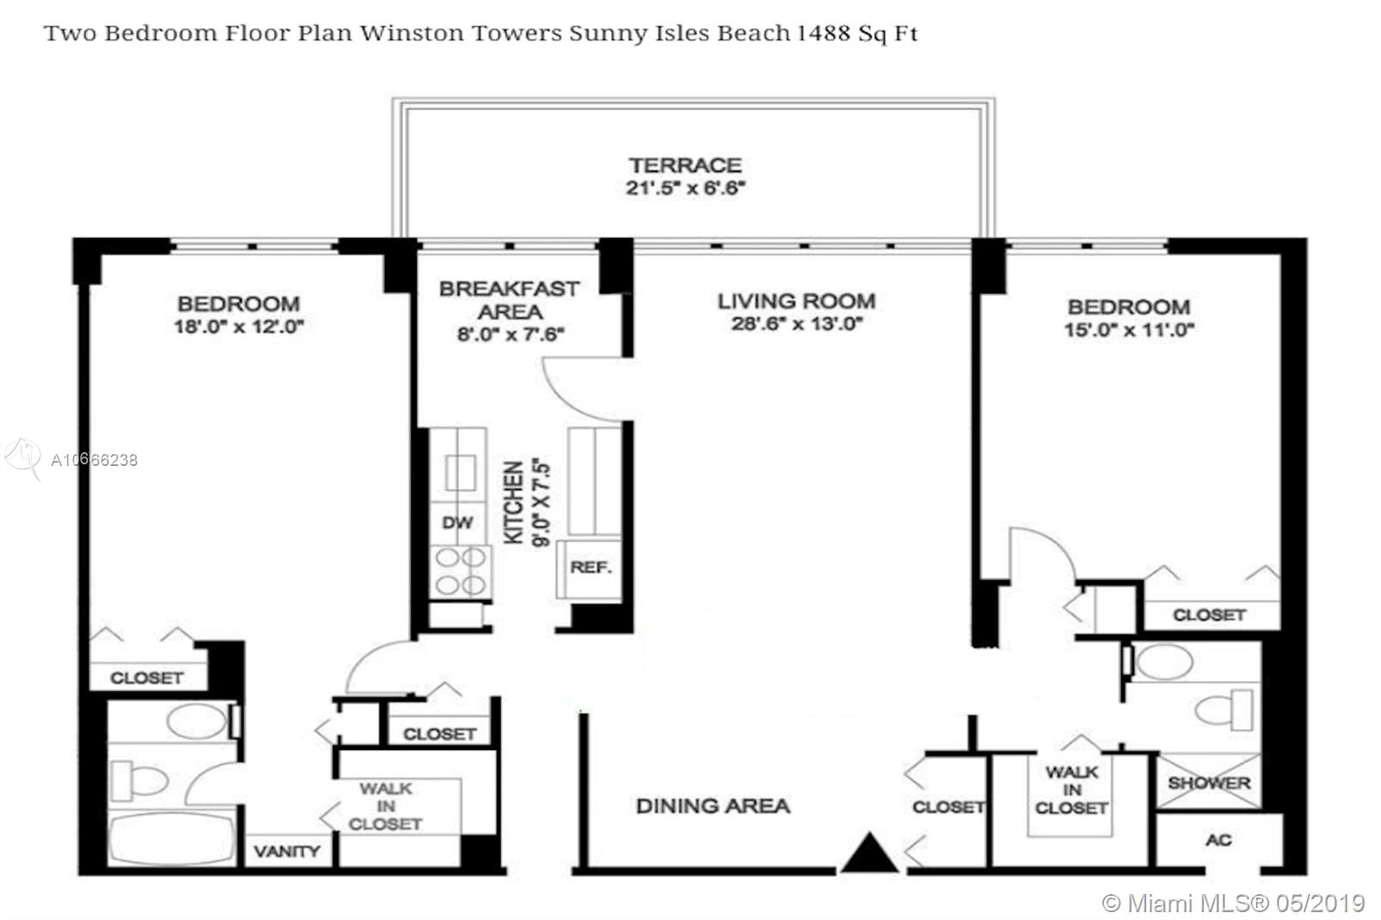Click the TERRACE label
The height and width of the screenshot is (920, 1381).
point(685,165)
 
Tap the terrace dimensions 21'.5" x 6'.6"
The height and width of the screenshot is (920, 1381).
point(685,187)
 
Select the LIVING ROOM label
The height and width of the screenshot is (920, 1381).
point(797,301)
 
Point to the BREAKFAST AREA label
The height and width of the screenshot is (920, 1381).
point(509,299)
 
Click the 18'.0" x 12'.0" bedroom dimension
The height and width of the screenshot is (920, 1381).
point(238,326)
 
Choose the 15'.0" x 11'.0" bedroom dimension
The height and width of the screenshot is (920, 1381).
point(1129,330)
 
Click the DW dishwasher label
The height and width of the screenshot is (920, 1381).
point(457,523)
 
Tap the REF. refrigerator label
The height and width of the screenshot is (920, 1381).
point(590,567)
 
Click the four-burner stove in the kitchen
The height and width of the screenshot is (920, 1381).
point(461,571)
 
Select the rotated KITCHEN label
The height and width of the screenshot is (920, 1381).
point(514,502)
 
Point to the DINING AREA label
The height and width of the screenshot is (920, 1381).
point(713,806)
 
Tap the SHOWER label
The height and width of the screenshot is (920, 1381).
point(1209,783)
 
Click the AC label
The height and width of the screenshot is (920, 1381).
point(1219,840)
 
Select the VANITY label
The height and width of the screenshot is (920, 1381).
point(287,852)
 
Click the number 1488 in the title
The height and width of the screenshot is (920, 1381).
point(823,33)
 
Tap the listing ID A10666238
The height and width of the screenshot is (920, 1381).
point(94,460)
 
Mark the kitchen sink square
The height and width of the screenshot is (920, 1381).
point(461,473)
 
